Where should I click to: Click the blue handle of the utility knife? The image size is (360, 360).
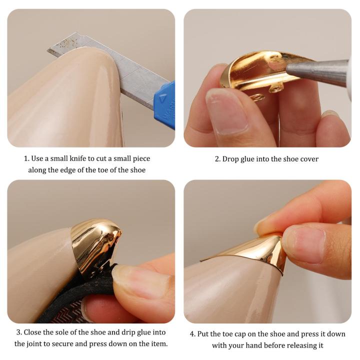165,106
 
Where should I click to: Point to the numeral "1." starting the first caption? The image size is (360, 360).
26,158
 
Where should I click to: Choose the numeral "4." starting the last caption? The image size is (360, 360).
192,334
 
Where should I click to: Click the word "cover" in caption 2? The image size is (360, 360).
309,159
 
